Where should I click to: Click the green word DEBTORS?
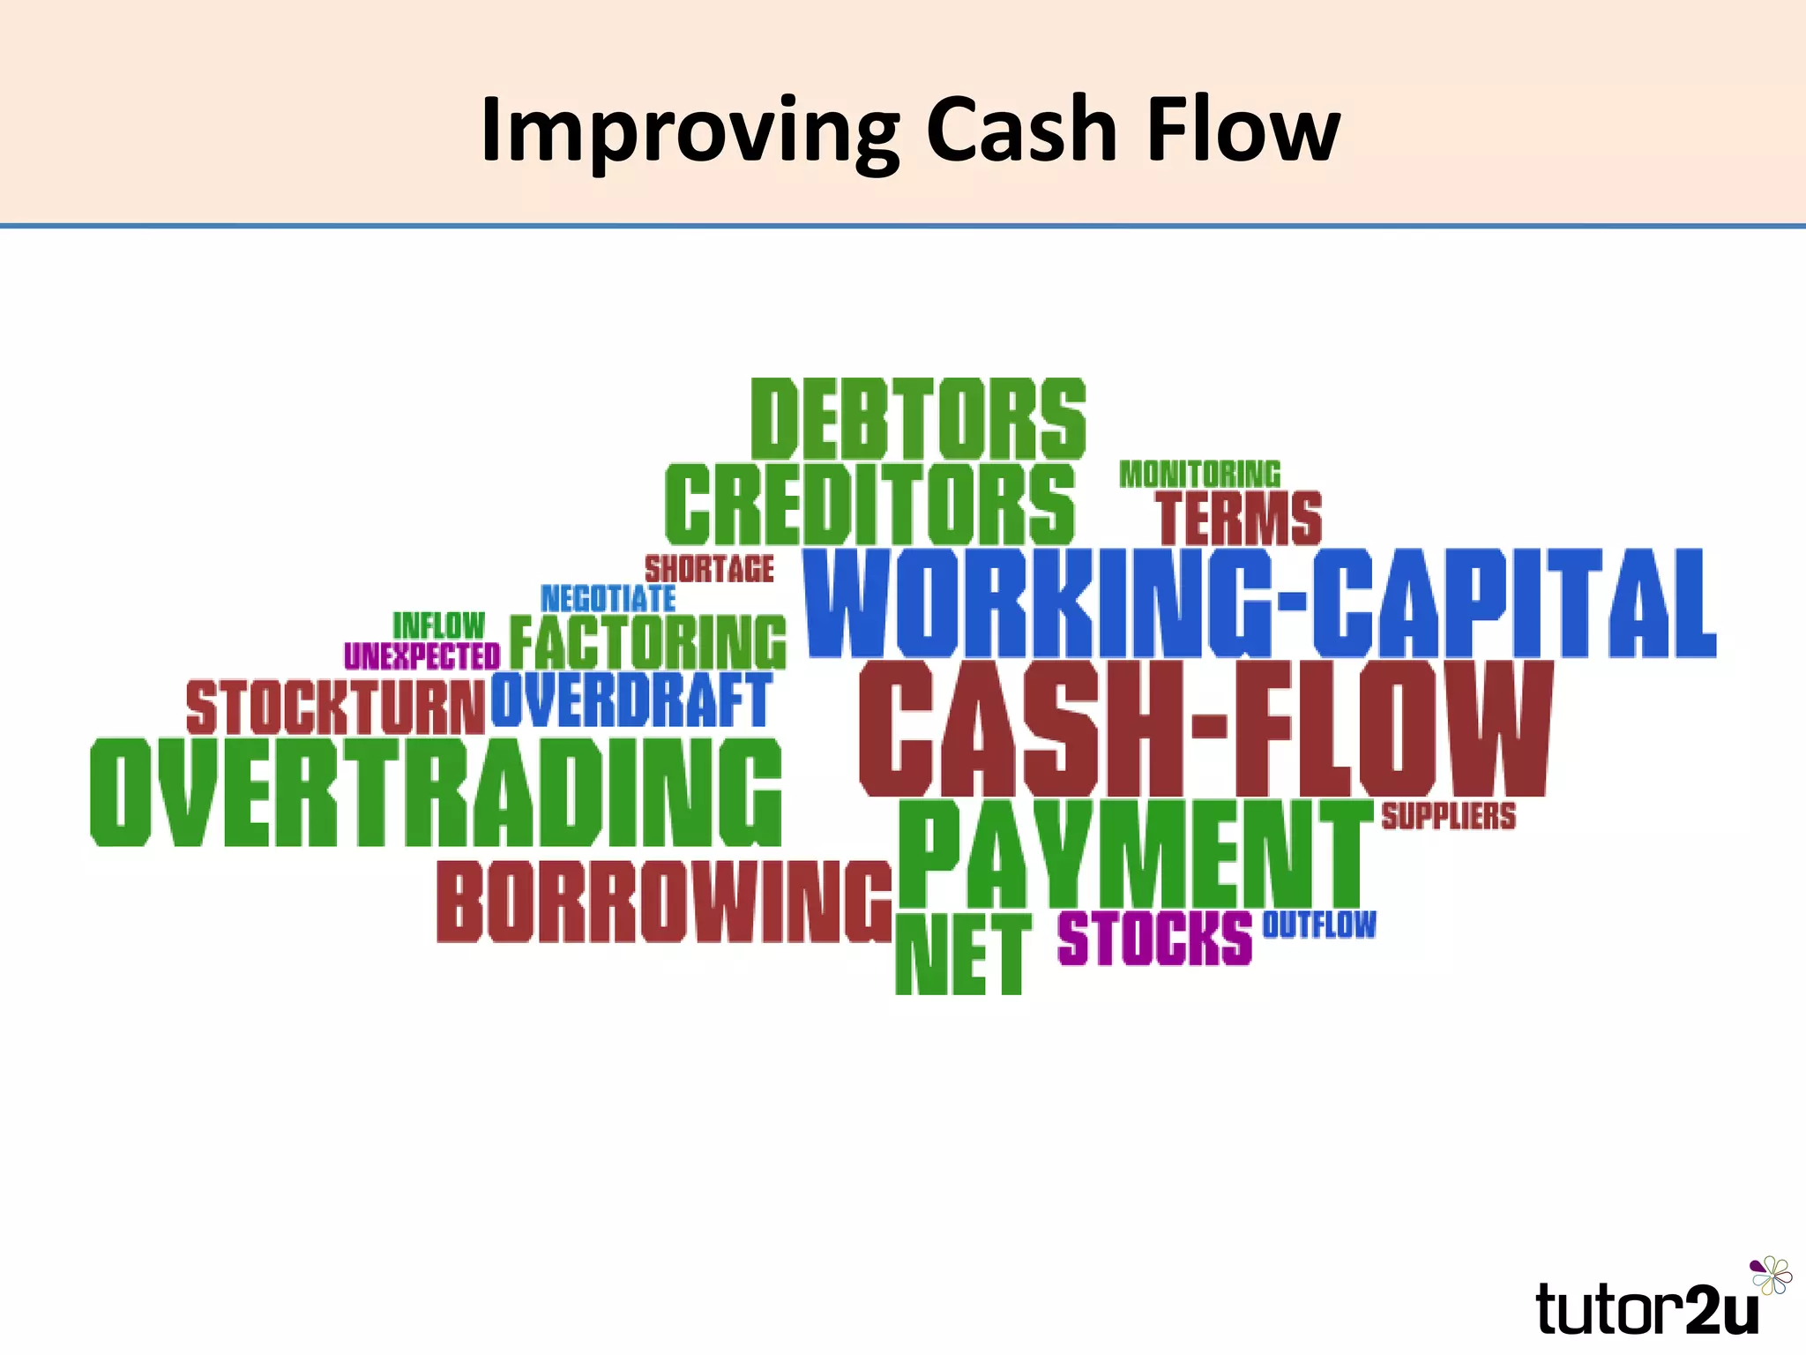click(x=918, y=419)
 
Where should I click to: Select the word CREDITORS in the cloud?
click(x=870, y=504)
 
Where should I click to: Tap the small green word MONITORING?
click(x=1199, y=475)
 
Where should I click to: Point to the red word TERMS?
click(x=1239, y=519)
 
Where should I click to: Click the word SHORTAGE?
click(x=709, y=569)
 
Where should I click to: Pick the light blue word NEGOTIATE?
click(x=608, y=599)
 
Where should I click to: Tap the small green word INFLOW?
click(x=438, y=625)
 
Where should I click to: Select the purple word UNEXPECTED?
click(x=422, y=656)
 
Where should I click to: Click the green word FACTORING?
click(x=647, y=642)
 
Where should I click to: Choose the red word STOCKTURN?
click(x=335, y=707)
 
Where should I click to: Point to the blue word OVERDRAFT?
click(x=631, y=700)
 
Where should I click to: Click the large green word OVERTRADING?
click(x=436, y=792)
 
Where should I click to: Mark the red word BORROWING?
click(x=664, y=902)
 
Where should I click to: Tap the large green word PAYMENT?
click(x=1135, y=854)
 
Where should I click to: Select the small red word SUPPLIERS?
click(x=1448, y=816)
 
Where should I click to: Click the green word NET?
click(x=962, y=954)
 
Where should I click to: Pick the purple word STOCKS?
click(x=1154, y=938)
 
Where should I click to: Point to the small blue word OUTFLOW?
click(x=1318, y=925)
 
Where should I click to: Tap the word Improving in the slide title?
click(x=689, y=131)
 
